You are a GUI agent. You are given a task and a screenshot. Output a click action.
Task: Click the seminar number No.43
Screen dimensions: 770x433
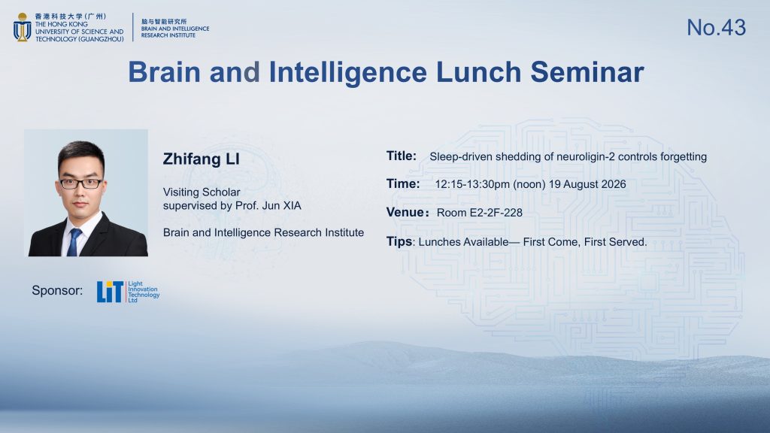coord(716,28)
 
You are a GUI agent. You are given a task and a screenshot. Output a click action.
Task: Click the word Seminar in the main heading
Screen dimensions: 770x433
coord(587,71)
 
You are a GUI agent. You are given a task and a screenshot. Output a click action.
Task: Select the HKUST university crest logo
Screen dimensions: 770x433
coord(22,27)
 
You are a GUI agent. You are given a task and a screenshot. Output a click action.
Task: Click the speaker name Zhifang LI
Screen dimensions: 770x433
coord(202,159)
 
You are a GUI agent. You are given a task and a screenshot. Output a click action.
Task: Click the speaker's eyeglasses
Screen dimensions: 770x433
coord(81,183)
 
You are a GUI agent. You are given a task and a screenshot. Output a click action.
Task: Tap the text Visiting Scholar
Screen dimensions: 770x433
coord(202,192)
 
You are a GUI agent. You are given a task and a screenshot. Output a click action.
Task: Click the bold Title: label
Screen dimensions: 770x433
coord(402,156)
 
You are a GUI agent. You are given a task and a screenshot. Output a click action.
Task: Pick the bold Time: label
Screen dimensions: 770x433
coord(403,183)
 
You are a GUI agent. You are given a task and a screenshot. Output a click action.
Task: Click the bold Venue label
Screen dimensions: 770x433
coord(405,212)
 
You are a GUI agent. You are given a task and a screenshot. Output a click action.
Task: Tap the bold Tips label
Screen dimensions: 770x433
coord(399,241)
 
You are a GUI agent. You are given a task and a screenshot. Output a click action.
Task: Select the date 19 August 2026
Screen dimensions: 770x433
coord(587,184)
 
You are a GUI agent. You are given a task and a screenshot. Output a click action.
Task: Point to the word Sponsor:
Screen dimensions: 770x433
coord(57,290)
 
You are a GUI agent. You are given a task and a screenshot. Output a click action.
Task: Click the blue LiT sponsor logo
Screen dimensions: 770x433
coord(110,292)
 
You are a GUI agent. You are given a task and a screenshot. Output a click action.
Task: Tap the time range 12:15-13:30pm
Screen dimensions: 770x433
coord(472,184)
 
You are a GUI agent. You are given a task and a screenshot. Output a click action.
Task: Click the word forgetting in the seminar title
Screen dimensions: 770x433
coord(684,156)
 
